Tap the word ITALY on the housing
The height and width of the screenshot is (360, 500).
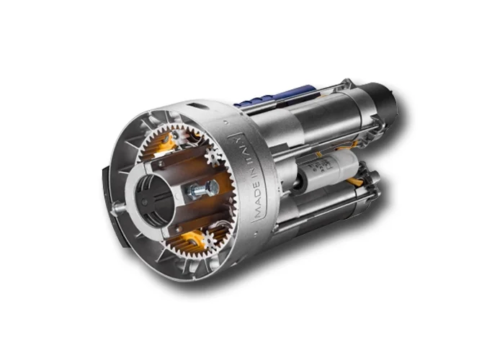click(241, 150)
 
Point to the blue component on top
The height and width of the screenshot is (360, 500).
click(274, 95)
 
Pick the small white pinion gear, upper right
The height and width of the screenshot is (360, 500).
click(213, 156)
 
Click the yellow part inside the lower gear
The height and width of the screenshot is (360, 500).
click(192, 239)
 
